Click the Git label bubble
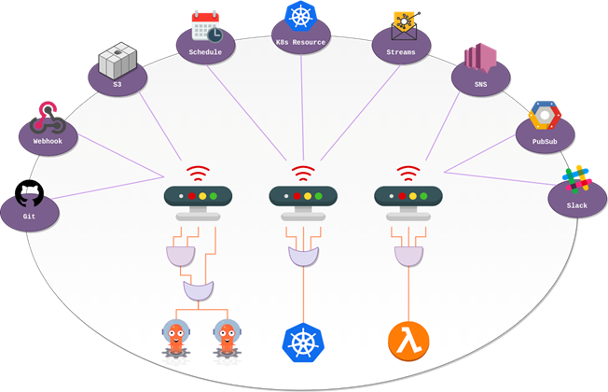[29, 216]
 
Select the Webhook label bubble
[47, 139]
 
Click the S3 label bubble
[117, 83]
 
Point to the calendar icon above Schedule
[206, 27]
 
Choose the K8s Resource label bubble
[301, 42]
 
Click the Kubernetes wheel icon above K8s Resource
[301, 16]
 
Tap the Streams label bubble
[401, 50]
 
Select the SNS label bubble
[480, 82]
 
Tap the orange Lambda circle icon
[408, 341]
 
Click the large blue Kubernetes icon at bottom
[302, 341]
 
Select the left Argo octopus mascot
[177, 338]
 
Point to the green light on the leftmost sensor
[213, 196]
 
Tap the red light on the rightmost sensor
[401, 196]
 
